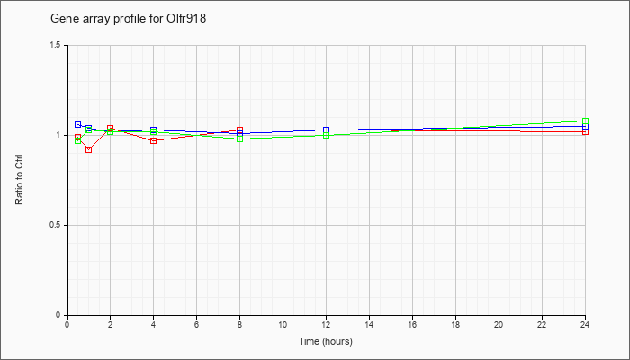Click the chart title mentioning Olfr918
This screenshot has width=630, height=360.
[128, 19]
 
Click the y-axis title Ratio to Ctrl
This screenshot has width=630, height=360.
[19, 180]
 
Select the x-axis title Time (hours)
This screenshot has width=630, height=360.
[326, 341]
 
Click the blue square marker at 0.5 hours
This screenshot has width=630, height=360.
[78, 124]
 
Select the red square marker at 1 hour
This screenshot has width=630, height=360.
[89, 150]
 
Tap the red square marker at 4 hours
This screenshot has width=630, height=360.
[154, 140]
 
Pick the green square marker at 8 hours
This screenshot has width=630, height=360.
[240, 139]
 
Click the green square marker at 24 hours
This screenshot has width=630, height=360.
[585, 121]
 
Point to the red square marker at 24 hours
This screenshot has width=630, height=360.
[585, 131]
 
